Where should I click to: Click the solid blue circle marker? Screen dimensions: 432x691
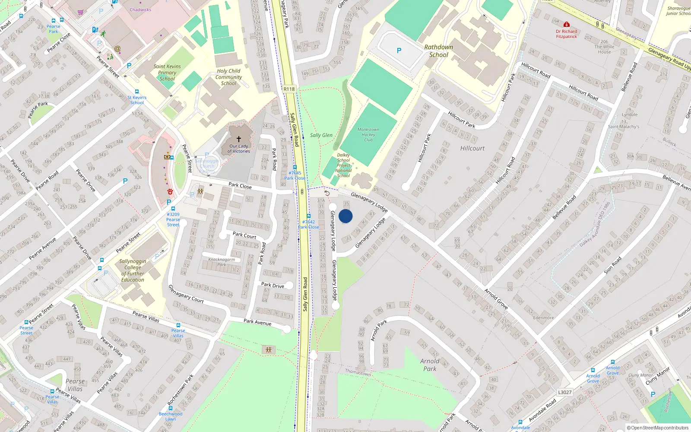(345, 216)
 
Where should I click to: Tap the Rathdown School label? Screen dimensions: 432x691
(439, 51)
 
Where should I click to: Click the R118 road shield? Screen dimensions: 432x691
(289, 89)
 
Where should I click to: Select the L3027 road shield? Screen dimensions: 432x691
(564, 392)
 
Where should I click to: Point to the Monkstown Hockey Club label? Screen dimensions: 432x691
(368, 135)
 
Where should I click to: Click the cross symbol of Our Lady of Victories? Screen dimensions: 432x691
(238, 139)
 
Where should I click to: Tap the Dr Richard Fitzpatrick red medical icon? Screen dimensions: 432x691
(567, 25)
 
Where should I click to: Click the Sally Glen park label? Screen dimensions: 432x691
(321, 135)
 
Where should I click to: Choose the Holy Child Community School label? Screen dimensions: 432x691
(229, 77)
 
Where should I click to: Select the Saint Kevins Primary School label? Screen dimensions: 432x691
(167, 73)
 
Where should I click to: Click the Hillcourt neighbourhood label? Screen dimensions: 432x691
(472, 148)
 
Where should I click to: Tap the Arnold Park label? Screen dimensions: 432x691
(430, 365)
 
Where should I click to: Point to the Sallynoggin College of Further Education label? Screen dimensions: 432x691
(133, 270)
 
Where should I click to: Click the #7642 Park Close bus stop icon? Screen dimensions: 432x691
(308, 216)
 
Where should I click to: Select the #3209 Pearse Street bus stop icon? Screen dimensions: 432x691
(173, 209)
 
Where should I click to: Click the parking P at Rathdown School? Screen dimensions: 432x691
(399, 51)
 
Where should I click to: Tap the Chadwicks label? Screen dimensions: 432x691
(140, 10)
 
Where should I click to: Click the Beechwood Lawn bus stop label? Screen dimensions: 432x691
(171, 416)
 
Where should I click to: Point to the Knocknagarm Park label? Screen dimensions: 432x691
(222, 262)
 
